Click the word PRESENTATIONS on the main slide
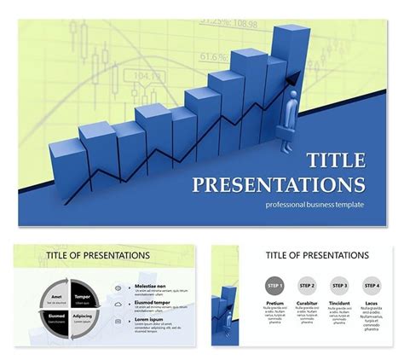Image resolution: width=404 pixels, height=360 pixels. [x=279, y=185]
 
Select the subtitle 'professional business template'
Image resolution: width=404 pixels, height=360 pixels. [x=315, y=205]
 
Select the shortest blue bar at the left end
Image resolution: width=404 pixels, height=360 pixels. [x=65, y=166]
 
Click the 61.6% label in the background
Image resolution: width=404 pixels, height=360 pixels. [x=213, y=57]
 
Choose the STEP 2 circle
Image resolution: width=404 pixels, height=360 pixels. [x=307, y=286]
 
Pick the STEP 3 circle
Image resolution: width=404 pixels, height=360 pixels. [x=339, y=286]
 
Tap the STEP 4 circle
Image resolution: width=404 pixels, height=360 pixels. [x=371, y=286]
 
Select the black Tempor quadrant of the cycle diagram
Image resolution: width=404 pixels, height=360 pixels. [x=83, y=297]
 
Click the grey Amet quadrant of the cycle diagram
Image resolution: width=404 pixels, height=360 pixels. [x=57, y=297]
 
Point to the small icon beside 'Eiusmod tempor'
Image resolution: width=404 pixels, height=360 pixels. [x=118, y=305]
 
